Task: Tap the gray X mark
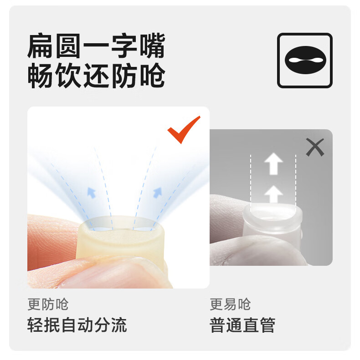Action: coord(315,147)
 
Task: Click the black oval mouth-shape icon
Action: coord(305,60)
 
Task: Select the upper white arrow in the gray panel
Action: coord(273,163)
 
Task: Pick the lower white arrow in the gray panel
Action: coord(273,194)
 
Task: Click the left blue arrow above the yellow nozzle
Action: coord(92,193)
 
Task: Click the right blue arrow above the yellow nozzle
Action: coord(158,193)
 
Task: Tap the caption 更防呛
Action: coord(48,304)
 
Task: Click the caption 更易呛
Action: coord(230,304)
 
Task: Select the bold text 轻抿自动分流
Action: coord(77,325)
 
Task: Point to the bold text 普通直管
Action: coord(242,325)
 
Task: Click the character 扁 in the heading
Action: coord(40,46)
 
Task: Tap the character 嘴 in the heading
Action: coord(153,46)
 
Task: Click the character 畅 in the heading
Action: coord(40,75)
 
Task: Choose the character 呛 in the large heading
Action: coord(153,75)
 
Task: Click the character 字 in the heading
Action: coord(124,46)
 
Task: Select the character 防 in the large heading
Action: coord(124,75)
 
